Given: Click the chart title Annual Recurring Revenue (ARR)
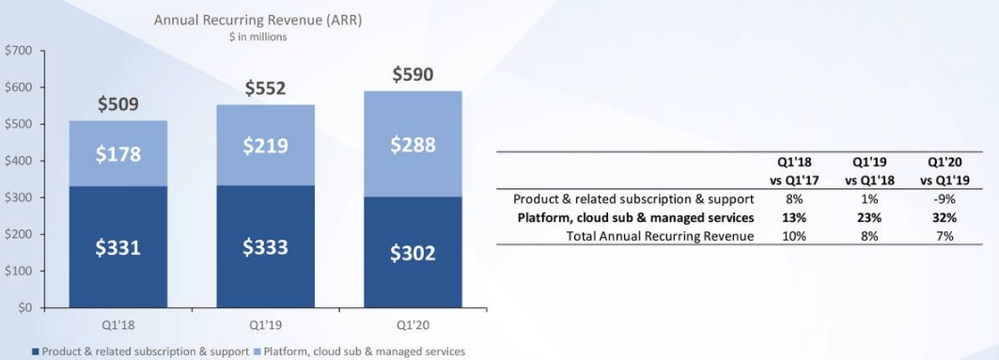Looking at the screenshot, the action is click(258, 21).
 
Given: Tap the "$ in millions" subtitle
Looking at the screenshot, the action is click(258, 37).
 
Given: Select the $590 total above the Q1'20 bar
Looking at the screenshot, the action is click(413, 74).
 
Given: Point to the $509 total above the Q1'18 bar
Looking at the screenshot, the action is click(117, 104).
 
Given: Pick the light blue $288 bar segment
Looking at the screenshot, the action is click(413, 144).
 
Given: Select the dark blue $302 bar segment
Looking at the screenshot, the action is click(413, 252).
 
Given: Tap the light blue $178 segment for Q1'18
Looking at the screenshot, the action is click(117, 153).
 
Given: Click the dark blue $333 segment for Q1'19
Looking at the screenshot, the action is click(265, 247).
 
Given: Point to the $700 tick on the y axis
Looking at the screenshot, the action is click(18, 51).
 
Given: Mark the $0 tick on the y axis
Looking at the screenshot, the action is click(24, 308).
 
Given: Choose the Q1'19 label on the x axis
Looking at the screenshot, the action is click(265, 323).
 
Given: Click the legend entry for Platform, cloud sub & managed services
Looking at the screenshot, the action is click(359, 352).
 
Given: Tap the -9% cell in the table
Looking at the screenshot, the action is click(944, 198).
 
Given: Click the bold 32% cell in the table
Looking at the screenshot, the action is click(944, 217).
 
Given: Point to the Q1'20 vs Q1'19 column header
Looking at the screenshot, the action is click(944, 171).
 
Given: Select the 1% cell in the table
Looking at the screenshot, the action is click(869, 198).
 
